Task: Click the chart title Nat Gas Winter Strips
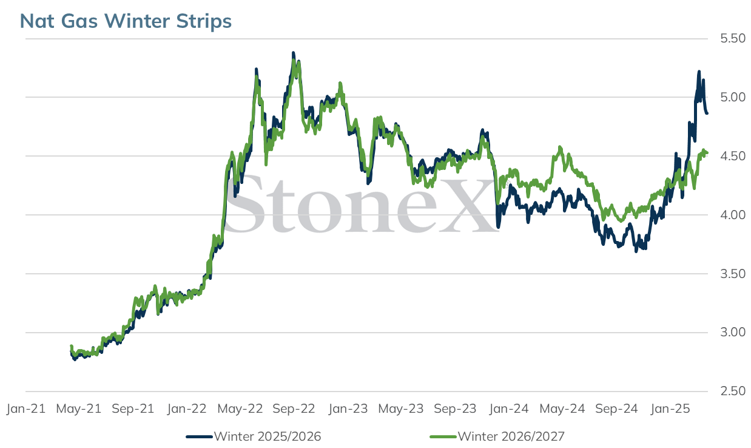pyautogui.click(x=126, y=21)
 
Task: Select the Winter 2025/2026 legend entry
pyautogui.click(x=254, y=436)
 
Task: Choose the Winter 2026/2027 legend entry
pyautogui.click(x=497, y=436)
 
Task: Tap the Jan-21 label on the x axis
pyautogui.click(x=26, y=409)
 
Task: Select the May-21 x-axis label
pyautogui.click(x=79, y=409)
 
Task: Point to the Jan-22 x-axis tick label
pyautogui.click(x=187, y=409)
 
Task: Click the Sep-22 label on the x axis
pyautogui.click(x=294, y=409)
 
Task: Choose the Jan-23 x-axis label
pyautogui.click(x=348, y=409)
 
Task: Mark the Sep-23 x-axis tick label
pyautogui.click(x=455, y=409)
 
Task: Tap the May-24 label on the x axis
pyautogui.click(x=562, y=409)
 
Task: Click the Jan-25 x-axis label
pyautogui.click(x=670, y=409)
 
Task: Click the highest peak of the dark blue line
pyautogui.click(x=294, y=53)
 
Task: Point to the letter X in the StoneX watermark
pyautogui.click(x=467, y=205)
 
